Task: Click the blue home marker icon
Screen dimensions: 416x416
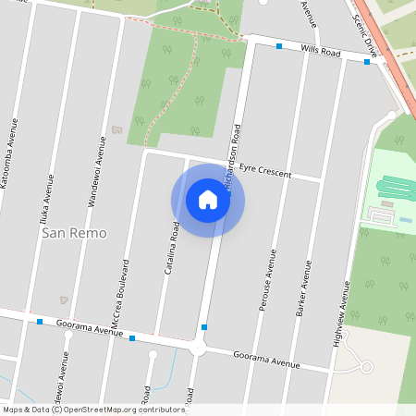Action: (208, 200)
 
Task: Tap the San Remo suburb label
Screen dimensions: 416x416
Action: (74, 233)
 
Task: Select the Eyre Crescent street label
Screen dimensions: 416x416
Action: (265, 171)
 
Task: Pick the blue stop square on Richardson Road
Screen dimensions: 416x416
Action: (203, 327)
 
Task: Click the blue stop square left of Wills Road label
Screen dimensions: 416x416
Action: (279, 45)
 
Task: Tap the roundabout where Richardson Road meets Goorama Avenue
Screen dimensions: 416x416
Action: (197, 349)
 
